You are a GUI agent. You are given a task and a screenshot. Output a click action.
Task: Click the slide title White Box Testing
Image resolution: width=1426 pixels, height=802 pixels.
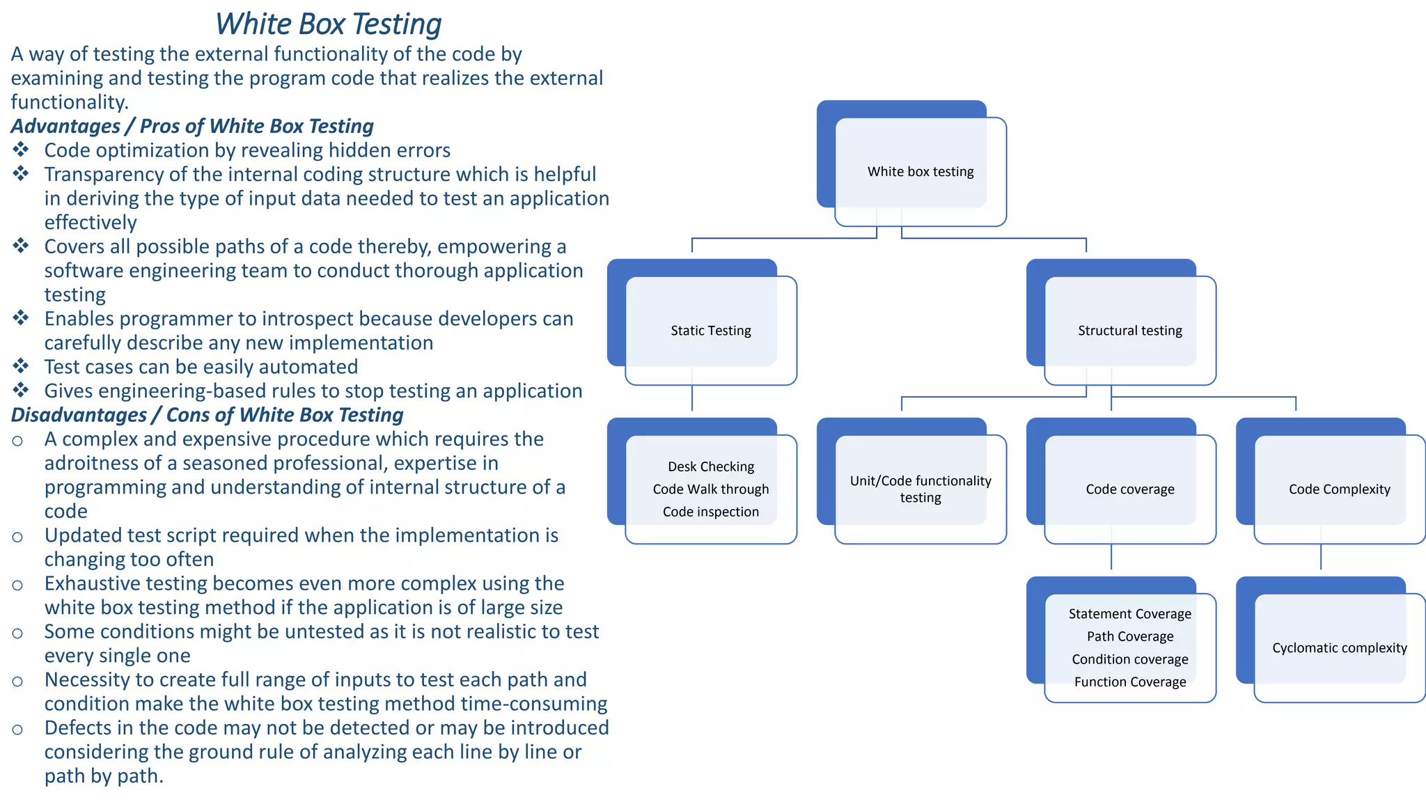(328, 24)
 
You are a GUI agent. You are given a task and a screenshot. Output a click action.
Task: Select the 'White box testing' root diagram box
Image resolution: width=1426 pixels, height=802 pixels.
(920, 171)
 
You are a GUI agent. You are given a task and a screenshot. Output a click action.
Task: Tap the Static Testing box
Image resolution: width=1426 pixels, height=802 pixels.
(710, 331)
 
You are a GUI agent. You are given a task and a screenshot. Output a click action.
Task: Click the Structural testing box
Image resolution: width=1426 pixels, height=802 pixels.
(1129, 331)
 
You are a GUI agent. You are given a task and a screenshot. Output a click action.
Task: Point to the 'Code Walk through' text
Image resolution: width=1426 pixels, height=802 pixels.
(710, 489)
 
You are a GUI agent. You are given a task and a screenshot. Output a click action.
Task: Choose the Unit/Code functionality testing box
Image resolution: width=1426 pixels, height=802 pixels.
(920, 489)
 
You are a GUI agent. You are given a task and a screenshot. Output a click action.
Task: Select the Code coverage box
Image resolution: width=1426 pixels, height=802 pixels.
(1129, 489)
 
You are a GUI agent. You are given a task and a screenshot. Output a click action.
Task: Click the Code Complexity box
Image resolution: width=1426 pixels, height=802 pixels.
(1338, 489)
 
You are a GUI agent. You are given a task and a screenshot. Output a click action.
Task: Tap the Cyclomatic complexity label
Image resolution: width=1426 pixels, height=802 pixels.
(1339, 648)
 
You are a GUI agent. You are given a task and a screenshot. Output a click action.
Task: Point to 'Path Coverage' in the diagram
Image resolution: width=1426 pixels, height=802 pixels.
(1129, 636)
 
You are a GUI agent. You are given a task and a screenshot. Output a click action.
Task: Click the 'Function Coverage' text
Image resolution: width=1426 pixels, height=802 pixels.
(1129, 682)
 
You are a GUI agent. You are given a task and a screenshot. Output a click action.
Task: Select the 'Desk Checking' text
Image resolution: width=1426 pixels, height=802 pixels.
(710, 466)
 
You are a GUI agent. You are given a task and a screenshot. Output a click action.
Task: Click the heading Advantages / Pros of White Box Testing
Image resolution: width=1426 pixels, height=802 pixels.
(192, 126)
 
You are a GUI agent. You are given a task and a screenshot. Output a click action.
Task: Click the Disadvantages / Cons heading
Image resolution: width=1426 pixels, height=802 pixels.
(207, 415)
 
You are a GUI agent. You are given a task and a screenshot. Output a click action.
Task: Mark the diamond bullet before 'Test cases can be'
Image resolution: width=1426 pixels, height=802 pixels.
(21, 365)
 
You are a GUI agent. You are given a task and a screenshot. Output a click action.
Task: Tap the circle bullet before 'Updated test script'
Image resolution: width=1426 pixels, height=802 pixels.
(17, 537)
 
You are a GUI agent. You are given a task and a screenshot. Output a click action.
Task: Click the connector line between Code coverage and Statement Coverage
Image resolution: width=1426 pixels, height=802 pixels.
(1111, 557)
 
